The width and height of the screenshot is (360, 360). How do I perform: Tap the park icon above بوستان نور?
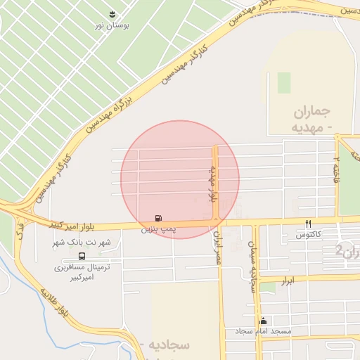(x=112, y=14)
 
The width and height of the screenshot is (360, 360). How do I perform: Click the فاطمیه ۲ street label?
(x=336, y=169)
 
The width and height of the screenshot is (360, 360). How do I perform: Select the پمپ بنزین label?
(x=158, y=229)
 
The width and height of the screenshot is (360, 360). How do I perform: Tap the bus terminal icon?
(x=82, y=256)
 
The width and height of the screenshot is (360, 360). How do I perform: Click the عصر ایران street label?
(x=217, y=247)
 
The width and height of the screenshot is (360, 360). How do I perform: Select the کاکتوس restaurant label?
(x=309, y=233)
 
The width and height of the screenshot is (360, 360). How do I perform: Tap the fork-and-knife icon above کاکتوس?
(x=308, y=224)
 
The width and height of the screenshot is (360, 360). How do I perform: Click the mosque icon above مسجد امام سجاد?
(x=263, y=321)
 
